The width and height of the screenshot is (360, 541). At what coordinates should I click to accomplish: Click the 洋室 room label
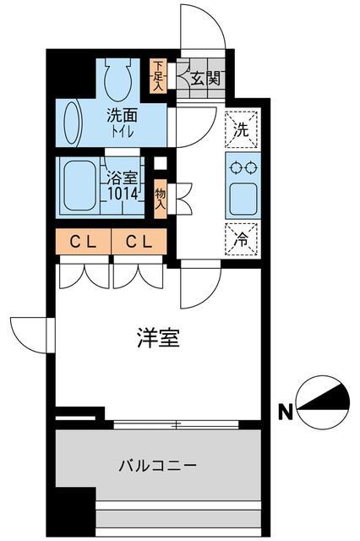coord(158,339)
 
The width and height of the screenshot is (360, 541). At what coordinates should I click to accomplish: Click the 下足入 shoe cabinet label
coord(157,76)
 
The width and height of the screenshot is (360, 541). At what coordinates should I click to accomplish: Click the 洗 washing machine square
coord(242,129)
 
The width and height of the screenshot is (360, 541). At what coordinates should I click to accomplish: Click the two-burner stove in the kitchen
coord(243,166)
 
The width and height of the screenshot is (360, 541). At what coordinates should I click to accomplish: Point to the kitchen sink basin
coord(243,198)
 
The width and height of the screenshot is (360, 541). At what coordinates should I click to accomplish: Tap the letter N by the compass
coord(286,413)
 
